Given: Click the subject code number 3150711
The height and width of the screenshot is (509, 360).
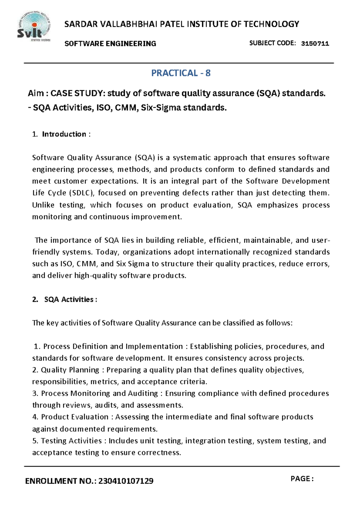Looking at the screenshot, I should click(x=315, y=43).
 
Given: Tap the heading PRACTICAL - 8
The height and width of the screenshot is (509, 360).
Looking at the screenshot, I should click(x=181, y=73).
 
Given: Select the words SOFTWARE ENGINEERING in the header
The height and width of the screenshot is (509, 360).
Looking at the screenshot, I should click(x=110, y=44).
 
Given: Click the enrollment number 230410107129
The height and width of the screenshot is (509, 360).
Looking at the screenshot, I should click(x=126, y=481).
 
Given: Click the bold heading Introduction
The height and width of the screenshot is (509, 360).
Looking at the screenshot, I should click(x=64, y=134).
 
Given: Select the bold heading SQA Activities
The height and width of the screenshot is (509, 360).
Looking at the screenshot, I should click(x=69, y=299).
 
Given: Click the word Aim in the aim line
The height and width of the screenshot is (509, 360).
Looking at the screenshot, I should click(x=36, y=94).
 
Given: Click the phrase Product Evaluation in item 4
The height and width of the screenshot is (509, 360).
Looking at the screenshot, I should click(x=74, y=417).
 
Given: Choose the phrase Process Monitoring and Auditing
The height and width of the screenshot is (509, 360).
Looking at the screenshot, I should click(x=99, y=393).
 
